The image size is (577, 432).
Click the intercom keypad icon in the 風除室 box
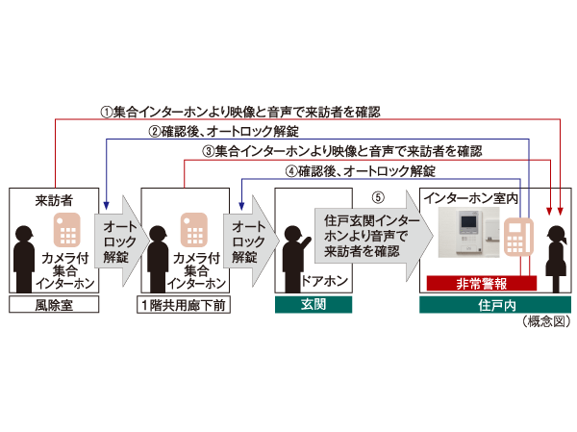pos(67,229)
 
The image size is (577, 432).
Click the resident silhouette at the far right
pos(554,254)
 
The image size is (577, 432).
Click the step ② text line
pos(223,132)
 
